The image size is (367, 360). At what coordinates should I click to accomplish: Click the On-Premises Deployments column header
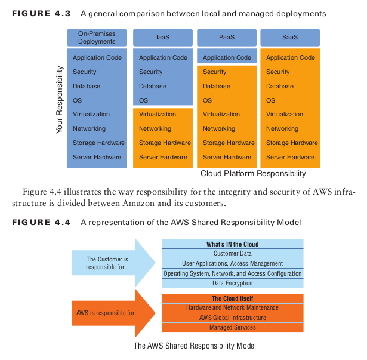(x=98, y=38)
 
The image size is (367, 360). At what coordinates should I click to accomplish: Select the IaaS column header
(x=163, y=38)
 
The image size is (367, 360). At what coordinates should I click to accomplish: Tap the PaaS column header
(x=227, y=38)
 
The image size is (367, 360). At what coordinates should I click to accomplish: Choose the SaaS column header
(x=290, y=38)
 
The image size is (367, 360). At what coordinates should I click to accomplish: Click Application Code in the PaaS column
(x=227, y=58)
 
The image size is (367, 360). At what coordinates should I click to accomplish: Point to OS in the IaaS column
(x=144, y=100)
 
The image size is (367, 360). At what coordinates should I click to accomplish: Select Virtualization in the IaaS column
(x=158, y=114)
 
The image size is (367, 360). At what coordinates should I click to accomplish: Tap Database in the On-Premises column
(x=87, y=86)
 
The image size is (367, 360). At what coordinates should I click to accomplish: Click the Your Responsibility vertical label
(x=60, y=100)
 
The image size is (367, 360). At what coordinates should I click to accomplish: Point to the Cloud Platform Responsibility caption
(x=253, y=174)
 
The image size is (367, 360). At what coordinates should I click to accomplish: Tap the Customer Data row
(x=232, y=253)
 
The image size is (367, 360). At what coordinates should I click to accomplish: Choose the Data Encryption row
(x=232, y=283)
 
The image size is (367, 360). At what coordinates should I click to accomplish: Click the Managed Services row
(x=232, y=327)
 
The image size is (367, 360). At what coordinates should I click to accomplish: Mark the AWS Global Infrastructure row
(x=232, y=318)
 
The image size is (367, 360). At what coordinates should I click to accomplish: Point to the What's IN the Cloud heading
(x=232, y=244)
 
